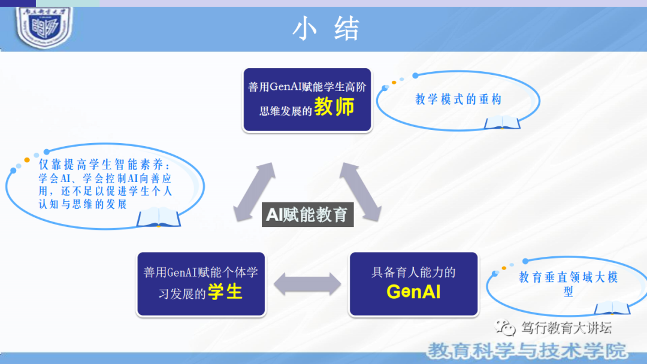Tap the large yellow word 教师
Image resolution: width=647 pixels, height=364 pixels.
334,107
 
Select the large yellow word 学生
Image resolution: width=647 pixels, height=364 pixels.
225,292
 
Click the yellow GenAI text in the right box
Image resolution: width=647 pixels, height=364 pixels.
413,292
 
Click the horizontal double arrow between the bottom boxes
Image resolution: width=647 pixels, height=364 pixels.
307,284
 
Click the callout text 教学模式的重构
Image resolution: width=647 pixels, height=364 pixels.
458,99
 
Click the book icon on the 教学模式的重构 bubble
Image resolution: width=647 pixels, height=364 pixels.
502,122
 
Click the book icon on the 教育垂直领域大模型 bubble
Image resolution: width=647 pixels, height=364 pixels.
612,308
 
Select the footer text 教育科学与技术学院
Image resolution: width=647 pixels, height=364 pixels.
527,350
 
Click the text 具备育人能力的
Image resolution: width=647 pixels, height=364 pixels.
413,272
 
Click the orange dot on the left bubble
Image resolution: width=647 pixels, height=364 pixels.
26,160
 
